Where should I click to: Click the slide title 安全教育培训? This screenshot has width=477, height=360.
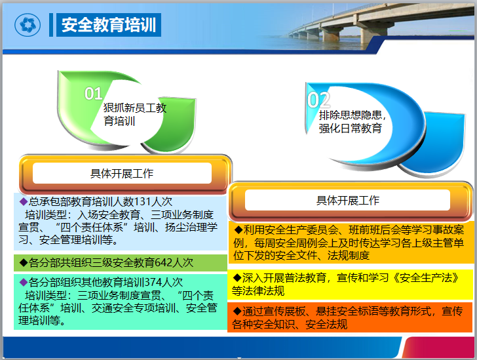(x=108, y=26)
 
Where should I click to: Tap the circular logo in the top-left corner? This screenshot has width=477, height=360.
(x=28, y=26)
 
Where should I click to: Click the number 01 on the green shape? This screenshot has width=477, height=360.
(x=94, y=94)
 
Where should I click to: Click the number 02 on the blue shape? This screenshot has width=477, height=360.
(x=318, y=100)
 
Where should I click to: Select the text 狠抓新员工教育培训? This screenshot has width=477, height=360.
(x=134, y=114)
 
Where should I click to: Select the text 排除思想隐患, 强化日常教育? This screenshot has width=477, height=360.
(x=351, y=121)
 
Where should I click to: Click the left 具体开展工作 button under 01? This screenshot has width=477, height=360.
(x=122, y=174)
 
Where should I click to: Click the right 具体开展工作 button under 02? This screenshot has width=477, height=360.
(x=348, y=200)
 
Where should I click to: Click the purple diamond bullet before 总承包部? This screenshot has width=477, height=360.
(x=23, y=201)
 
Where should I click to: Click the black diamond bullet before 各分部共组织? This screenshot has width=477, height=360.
(x=23, y=262)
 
